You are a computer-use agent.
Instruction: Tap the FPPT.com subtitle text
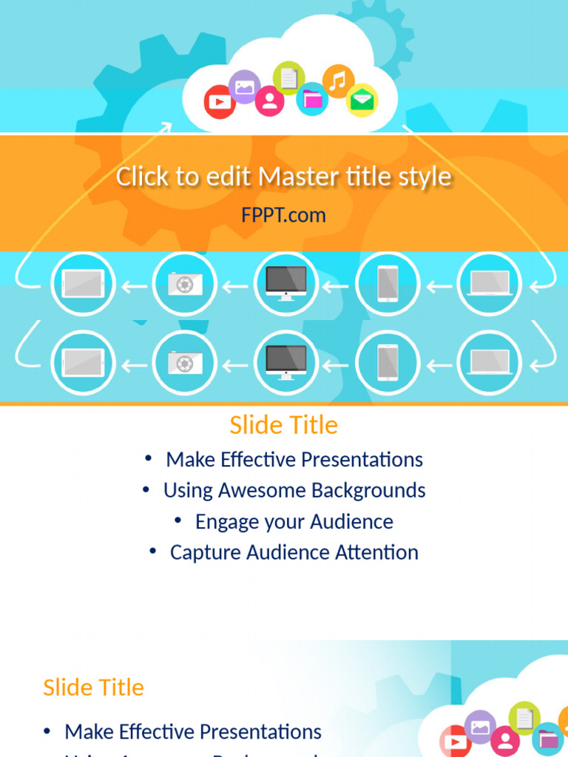click(x=283, y=215)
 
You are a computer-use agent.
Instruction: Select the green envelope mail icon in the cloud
click(x=362, y=101)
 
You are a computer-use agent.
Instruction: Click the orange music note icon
click(x=338, y=81)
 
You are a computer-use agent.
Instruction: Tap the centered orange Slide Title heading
click(x=283, y=425)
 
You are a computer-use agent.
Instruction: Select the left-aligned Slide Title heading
click(x=93, y=688)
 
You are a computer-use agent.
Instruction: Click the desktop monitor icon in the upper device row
click(x=285, y=283)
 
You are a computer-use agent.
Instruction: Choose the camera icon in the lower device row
click(x=184, y=362)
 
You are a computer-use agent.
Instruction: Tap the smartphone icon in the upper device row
click(x=388, y=283)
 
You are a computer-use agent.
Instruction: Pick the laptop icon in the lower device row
click(x=489, y=362)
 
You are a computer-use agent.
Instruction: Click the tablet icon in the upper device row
click(x=82, y=283)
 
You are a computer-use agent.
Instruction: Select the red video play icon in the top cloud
click(x=220, y=101)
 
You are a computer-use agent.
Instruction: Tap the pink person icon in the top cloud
click(x=269, y=101)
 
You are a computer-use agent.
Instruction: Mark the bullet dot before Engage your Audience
click(x=178, y=521)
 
